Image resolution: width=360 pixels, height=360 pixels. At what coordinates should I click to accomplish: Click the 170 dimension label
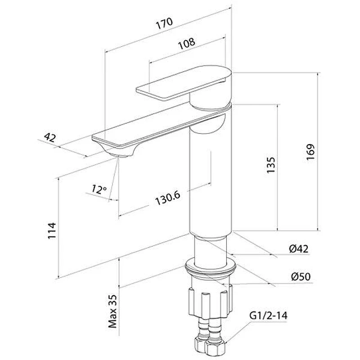[164, 23]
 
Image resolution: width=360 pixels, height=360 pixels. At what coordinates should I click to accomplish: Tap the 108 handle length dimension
[187, 43]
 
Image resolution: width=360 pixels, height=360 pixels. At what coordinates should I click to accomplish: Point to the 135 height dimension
[271, 165]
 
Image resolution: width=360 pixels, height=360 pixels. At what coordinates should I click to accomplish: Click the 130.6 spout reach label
[168, 198]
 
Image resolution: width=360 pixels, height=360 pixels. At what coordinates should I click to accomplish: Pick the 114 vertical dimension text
[52, 231]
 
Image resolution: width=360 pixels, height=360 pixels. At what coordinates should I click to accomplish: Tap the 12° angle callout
[99, 189]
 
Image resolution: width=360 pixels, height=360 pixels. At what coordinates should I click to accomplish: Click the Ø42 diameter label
[299, 249]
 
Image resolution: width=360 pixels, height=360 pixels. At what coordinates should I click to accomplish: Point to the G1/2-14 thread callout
[268, 316]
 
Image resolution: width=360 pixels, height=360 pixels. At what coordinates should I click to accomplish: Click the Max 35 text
[113, 311]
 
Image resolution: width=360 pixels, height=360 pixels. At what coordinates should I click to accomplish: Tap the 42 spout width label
[50, 138]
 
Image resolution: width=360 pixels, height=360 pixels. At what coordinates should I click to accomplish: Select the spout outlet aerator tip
[119, 156]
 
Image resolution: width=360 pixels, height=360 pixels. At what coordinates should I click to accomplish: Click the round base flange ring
[211, 267]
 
